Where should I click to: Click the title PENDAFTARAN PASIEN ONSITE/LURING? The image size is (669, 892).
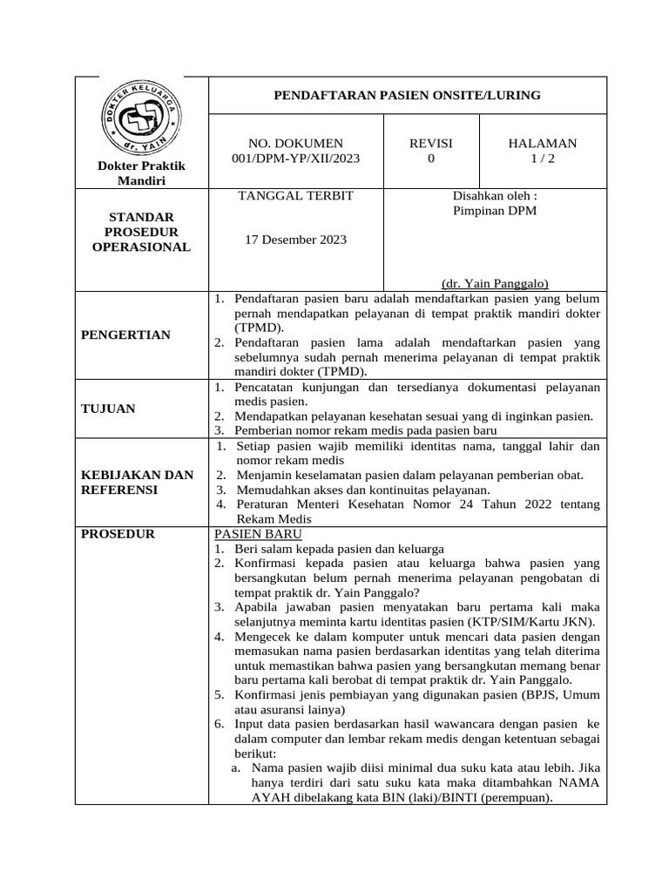(408, 95)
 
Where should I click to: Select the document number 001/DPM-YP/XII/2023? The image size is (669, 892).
(295, 159)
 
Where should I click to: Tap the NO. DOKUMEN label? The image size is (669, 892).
(295, 144)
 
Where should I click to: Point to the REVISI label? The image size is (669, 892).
(431, 144)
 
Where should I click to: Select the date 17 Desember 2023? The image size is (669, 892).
(295, 240)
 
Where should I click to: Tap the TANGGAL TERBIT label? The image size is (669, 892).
(295, 196)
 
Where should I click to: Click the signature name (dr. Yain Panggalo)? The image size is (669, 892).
(495, 283)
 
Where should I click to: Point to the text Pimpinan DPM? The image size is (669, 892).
(495, 212)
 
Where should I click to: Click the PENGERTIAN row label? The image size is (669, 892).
(126, 335)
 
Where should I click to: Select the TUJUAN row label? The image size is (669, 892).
(108, 409)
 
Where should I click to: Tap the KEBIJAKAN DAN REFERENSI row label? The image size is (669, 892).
(137, 483)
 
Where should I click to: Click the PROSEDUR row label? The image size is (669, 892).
(118, 534)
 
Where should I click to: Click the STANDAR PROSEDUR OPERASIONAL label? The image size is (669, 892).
(141, 232)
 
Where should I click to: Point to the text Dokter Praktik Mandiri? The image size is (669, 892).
(141, 172)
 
